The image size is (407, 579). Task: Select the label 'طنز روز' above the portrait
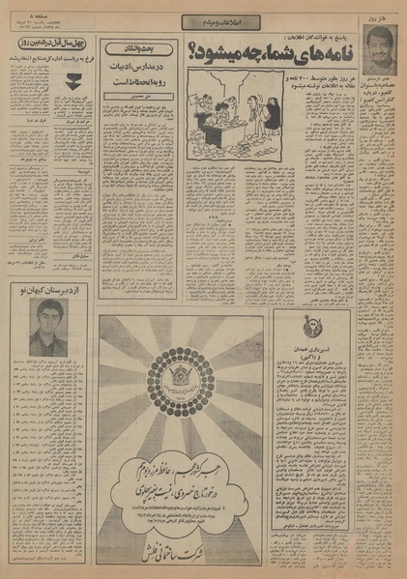point(383,16)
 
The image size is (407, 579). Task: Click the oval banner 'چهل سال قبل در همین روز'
point(46,44)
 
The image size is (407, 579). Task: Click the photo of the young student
point(43,328)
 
